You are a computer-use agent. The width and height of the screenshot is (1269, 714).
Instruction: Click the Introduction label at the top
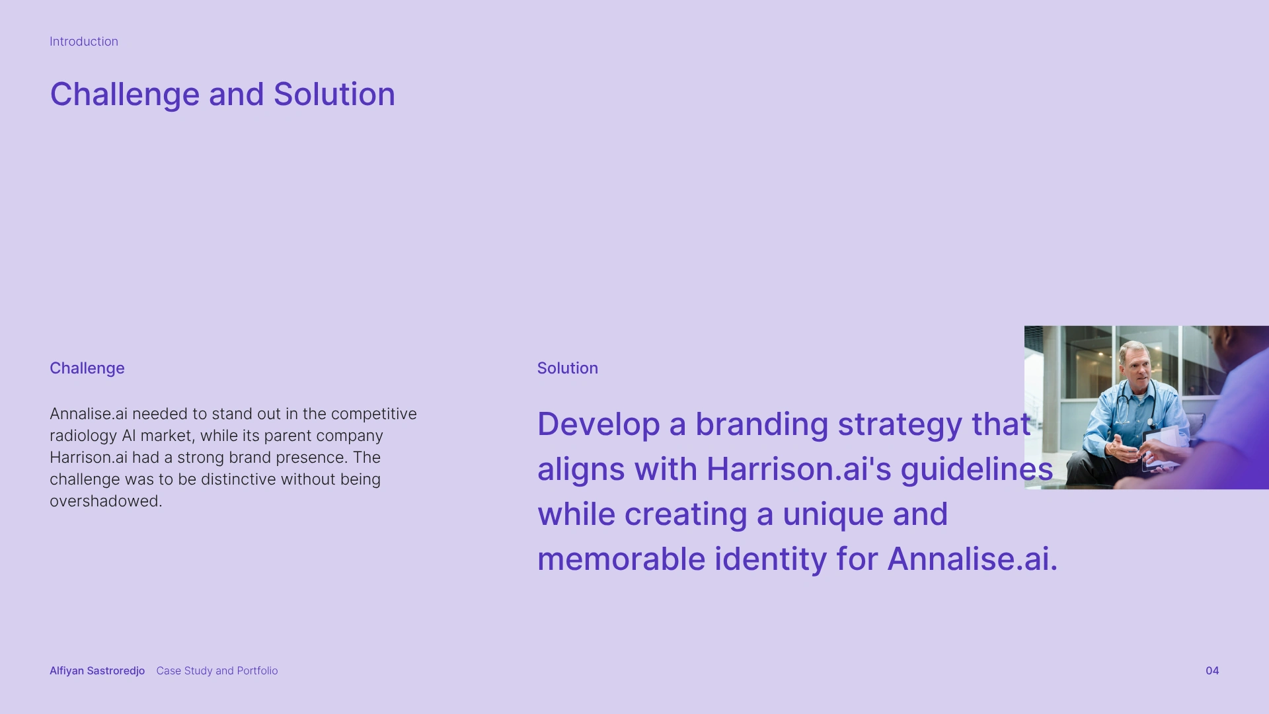pyautogui.click(x=84, y=42)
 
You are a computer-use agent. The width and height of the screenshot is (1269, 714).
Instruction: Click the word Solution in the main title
pyautogui.click(x=334, y=94)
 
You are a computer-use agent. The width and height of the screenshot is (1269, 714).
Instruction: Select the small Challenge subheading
pyautogui.click(x=87, y=368)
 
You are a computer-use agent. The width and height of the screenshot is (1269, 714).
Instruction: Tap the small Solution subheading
pyautogui.click(x=568, y=368)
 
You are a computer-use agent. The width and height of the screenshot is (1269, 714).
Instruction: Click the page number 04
pyautogui.click(x=1212, y=670)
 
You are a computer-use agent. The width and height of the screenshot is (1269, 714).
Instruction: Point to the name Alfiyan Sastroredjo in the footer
pyautogui.click(x=97, y=670)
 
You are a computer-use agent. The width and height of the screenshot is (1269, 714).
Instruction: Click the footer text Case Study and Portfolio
pyautogui.click(x=217, y=670)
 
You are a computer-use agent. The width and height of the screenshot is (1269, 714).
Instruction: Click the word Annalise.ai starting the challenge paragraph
pyautogui.click(x=89, y=414)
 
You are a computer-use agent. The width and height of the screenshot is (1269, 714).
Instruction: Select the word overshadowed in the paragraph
pyautogui.click(x=106, y=501)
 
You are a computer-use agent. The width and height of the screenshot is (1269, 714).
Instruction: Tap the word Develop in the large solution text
pyautogui.click(x=599, y=424)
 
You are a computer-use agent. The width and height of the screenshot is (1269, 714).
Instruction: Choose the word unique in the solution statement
pyautogui.click(x=833, y=514)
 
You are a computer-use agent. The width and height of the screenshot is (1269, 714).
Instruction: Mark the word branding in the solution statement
pyautogui.click(x=762, y=424)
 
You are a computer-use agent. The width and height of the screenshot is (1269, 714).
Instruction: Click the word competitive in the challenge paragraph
pyautogui.click(x=374, y=414)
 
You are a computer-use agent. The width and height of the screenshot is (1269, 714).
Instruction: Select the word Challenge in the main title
pyautogui.click(x=125, y=95)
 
